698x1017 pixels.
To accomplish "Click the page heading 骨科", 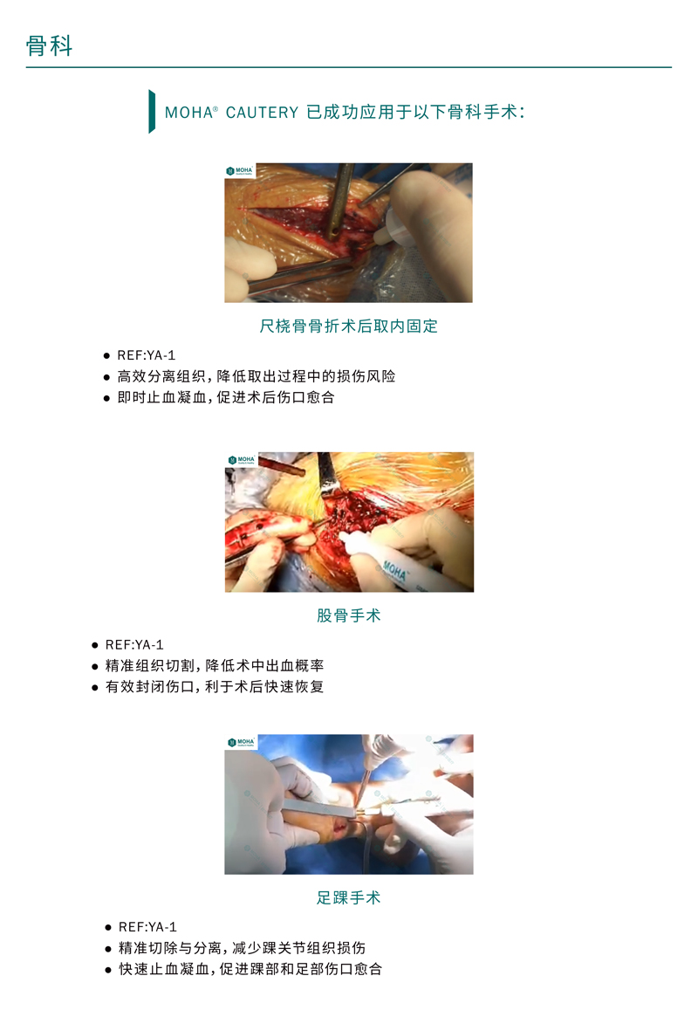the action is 49,46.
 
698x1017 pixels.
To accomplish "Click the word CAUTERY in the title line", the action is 262,113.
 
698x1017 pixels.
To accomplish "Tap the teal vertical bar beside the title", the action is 152,112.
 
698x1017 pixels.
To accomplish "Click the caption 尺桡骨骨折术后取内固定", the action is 349,326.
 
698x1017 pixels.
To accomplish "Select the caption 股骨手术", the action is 349,615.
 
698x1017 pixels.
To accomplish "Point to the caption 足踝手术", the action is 349,897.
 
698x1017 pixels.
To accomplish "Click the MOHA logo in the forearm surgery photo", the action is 240,170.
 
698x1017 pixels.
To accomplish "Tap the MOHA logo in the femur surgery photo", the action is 242,460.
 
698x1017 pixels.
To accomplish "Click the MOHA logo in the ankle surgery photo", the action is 241,742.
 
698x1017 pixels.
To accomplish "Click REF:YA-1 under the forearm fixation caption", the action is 147,355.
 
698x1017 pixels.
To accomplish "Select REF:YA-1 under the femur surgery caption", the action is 135,645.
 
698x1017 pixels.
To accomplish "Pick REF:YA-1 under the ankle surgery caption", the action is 147,927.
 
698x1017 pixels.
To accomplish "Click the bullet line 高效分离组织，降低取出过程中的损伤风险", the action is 256,376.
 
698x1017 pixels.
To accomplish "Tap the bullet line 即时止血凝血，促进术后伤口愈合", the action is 225,397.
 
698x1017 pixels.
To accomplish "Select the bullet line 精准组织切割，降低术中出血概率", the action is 215,665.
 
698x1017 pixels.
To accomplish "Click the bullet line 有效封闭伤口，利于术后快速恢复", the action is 215,686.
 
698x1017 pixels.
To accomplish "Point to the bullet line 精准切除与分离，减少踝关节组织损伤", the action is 242,948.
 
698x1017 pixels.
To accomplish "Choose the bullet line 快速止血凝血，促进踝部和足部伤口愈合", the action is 250,969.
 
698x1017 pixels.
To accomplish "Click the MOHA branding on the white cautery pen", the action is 395,571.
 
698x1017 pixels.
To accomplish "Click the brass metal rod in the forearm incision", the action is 337,200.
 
